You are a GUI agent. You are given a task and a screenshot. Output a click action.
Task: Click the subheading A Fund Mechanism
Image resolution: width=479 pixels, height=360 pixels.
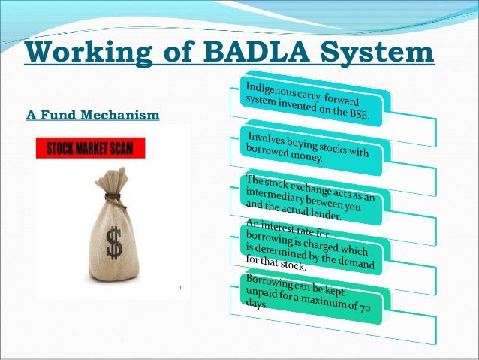93,116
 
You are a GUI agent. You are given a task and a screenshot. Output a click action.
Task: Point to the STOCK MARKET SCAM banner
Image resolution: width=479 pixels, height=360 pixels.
91,149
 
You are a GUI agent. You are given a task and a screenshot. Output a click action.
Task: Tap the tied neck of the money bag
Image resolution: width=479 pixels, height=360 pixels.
113,197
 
